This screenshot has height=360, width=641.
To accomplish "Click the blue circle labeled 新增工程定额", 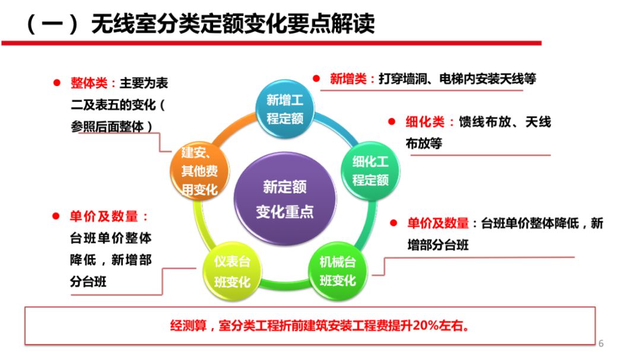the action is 285,109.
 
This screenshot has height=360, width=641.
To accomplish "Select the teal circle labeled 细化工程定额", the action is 370,170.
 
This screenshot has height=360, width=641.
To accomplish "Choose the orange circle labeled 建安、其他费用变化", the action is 199,172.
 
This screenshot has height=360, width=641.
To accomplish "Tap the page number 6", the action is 601,343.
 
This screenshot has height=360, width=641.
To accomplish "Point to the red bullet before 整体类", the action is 57,83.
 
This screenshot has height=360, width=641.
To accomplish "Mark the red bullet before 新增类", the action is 317,78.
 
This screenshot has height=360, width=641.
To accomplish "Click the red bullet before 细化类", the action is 392,122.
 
